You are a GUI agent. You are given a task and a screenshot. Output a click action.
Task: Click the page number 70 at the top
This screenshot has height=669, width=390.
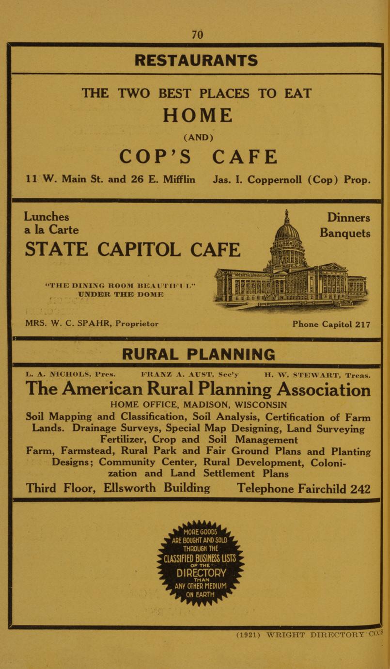[197, 34]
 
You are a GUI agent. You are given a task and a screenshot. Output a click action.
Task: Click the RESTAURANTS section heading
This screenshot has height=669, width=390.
[196, 61]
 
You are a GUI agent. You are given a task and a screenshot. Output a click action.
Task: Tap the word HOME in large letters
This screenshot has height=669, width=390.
[197, 115]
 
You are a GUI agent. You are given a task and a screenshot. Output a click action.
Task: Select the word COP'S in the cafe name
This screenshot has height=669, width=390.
[155, 157]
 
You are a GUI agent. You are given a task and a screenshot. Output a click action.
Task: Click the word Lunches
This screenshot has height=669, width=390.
[47, 217]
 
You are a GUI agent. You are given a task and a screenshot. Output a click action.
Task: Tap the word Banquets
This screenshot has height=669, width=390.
[345, 233]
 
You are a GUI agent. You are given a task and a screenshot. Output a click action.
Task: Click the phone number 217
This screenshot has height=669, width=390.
[362, 324]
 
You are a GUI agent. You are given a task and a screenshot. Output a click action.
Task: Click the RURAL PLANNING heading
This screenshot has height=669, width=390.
[198, 354]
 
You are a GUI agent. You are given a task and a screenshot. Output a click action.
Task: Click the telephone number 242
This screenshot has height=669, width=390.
[360, 489]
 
